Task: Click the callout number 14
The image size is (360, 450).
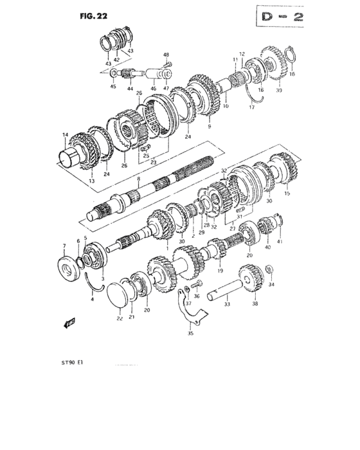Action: tap(64, 134)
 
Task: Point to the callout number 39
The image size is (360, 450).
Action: tap(278, 92)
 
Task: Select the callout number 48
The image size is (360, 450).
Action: tap(166, 55)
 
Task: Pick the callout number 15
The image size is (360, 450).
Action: tap(287, 193)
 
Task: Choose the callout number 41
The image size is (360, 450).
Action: tap(280, 241)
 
